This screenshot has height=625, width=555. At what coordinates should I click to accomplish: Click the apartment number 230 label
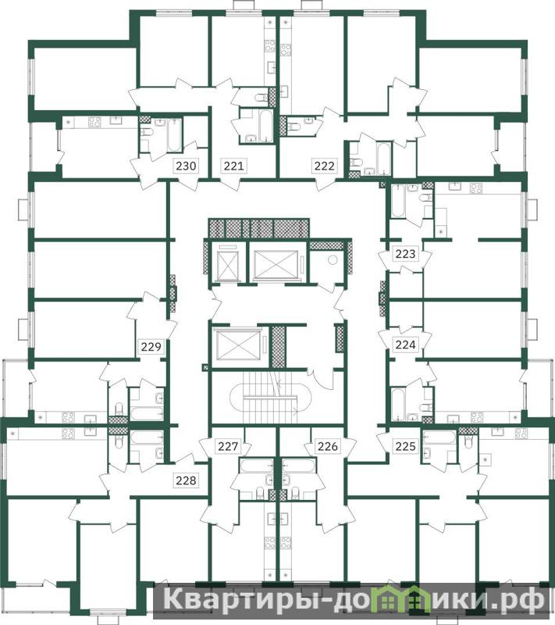186,166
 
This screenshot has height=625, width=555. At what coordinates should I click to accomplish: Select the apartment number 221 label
233,166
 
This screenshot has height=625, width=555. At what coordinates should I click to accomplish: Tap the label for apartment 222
325,166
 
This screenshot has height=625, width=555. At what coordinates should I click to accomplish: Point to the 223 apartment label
405,253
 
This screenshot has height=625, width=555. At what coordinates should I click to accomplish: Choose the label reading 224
405,345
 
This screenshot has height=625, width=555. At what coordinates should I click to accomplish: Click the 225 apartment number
405,446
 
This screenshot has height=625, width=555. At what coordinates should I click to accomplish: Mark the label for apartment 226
328,446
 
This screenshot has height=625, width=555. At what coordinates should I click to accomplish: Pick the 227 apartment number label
228,446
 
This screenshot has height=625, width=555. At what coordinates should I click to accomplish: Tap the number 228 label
186,480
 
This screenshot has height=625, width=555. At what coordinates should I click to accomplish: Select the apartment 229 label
151,346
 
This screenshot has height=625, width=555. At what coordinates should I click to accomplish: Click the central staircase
264,398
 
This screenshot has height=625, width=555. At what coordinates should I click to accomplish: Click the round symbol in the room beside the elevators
333,260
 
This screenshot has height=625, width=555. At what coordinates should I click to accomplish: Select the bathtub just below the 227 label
255,466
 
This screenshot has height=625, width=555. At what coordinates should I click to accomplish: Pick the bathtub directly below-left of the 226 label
299,466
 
